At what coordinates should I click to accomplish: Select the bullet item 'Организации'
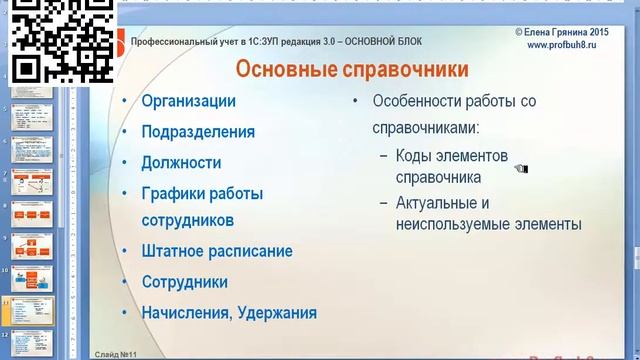pyautogui.click(x=189, y=101)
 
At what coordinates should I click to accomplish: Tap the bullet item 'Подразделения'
pyautogui.click(x=198, y=131)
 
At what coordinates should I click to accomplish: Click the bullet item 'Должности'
pyautogui.click(x=181, y=161)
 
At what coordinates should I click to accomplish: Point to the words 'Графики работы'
pyautogui.click(x=203, y=192)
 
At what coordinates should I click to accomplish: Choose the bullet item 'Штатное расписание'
pyautogui.click(x=217, y=251)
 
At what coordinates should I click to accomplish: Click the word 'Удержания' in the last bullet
pyautogui.click(x=276, y=312)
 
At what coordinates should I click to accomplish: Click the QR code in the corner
pyautogui.click(x=58, y=42)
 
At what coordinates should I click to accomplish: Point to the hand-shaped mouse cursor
pyautogui.click(x=520, y=168)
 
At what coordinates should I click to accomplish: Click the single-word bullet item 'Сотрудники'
pyautogui.click(x=185, y=282)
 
